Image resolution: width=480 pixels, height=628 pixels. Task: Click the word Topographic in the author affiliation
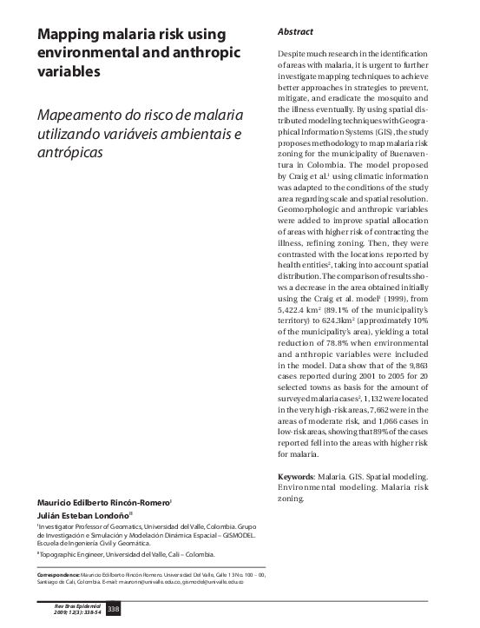59,554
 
